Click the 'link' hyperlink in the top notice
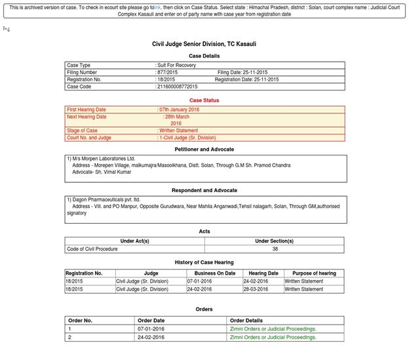point(157,7)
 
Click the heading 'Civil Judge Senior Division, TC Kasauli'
point(204,44)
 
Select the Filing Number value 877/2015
point(168,72)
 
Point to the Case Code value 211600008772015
point(177,87)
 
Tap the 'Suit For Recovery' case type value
point(176,65)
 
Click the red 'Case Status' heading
point(204,100)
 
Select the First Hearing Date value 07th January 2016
point(179,110)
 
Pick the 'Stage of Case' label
point(82,130)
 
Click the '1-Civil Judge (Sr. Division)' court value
point(187,138)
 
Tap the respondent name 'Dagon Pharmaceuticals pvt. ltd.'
point(106,199)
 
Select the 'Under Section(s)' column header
point(274,241)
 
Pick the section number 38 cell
point(275,249)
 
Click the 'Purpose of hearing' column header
point(314,273)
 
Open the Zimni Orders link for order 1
point(273,329)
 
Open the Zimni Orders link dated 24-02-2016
point(273,337)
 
